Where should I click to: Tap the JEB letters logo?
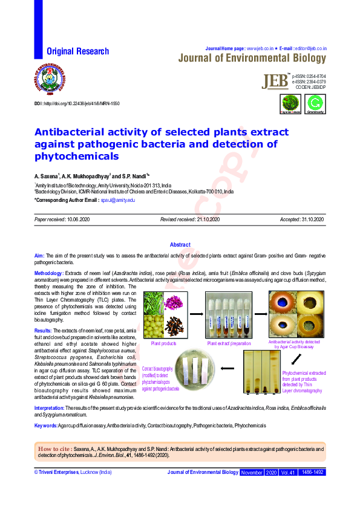[x=276, y=82]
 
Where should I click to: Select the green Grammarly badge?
[x=315, y=103]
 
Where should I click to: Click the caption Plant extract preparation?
[x=228, y=343]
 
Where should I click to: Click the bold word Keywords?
[x=46, y=426]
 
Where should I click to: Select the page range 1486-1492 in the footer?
[x=313, y=472]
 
